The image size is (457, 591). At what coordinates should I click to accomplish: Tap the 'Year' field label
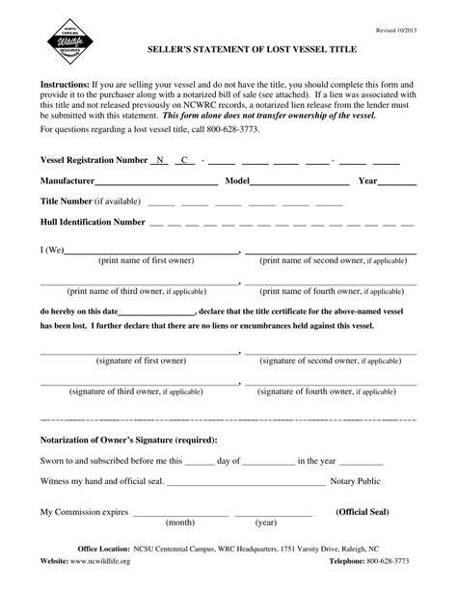367,180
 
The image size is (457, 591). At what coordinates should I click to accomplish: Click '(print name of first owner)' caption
146,260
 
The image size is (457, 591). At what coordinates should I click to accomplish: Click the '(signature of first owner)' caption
141,360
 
